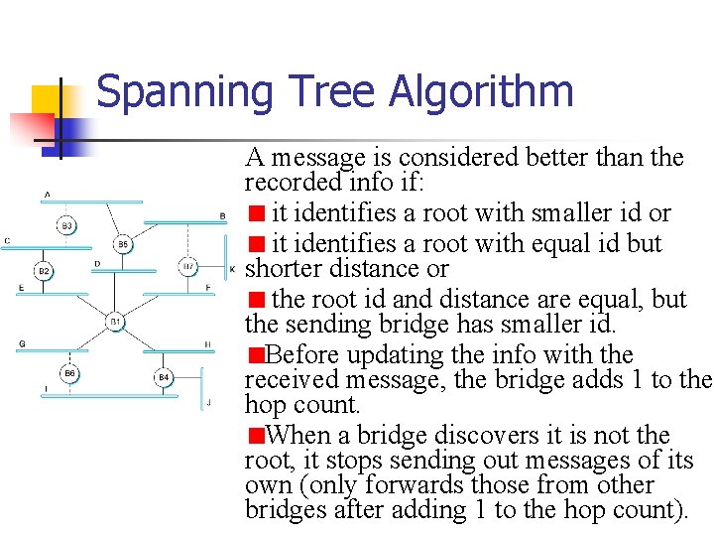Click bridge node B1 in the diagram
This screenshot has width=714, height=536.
(116, 322)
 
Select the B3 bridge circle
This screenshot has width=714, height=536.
(67, 226)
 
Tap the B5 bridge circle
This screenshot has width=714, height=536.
(123, 243)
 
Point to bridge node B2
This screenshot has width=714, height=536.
(44, 270)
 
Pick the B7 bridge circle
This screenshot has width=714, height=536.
(188, 266)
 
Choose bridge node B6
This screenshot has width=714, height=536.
(68, 373)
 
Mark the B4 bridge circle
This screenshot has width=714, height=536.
(165, 377)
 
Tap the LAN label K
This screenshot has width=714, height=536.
(232, 269)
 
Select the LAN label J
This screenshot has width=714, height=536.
(208, 402)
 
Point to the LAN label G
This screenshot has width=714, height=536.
(21, 343)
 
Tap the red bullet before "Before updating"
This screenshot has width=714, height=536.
(256, 355)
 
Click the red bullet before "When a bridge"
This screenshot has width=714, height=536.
(256, 436)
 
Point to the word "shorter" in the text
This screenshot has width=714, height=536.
(283, 268)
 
